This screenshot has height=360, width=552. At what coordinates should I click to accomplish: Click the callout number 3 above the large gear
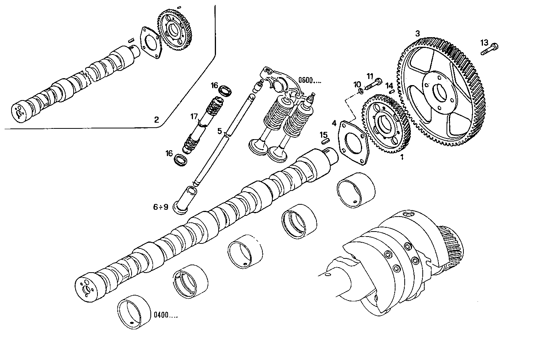click(417, 33)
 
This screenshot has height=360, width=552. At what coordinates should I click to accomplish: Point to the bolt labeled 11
click(373, 84)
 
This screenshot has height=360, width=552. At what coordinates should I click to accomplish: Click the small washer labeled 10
click(361, 91)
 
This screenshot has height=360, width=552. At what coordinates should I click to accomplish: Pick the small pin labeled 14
click(392, 91)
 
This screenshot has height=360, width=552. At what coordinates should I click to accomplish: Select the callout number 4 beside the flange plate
click(334, 123)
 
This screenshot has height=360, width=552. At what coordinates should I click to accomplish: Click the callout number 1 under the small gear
click(402, 157)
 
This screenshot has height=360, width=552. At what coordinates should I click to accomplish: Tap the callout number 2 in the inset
click(156, 120)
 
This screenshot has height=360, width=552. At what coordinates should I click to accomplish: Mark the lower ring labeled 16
click(181, 160)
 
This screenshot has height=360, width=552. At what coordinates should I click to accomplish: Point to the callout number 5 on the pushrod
click(219, 131)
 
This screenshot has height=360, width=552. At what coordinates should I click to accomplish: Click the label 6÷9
click(160, 207)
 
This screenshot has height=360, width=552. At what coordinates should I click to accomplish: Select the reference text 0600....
click(310, 81)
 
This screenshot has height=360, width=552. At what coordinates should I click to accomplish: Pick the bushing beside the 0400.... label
click(134, 312)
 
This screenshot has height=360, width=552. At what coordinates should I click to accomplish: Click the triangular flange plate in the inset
click(151, 42)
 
